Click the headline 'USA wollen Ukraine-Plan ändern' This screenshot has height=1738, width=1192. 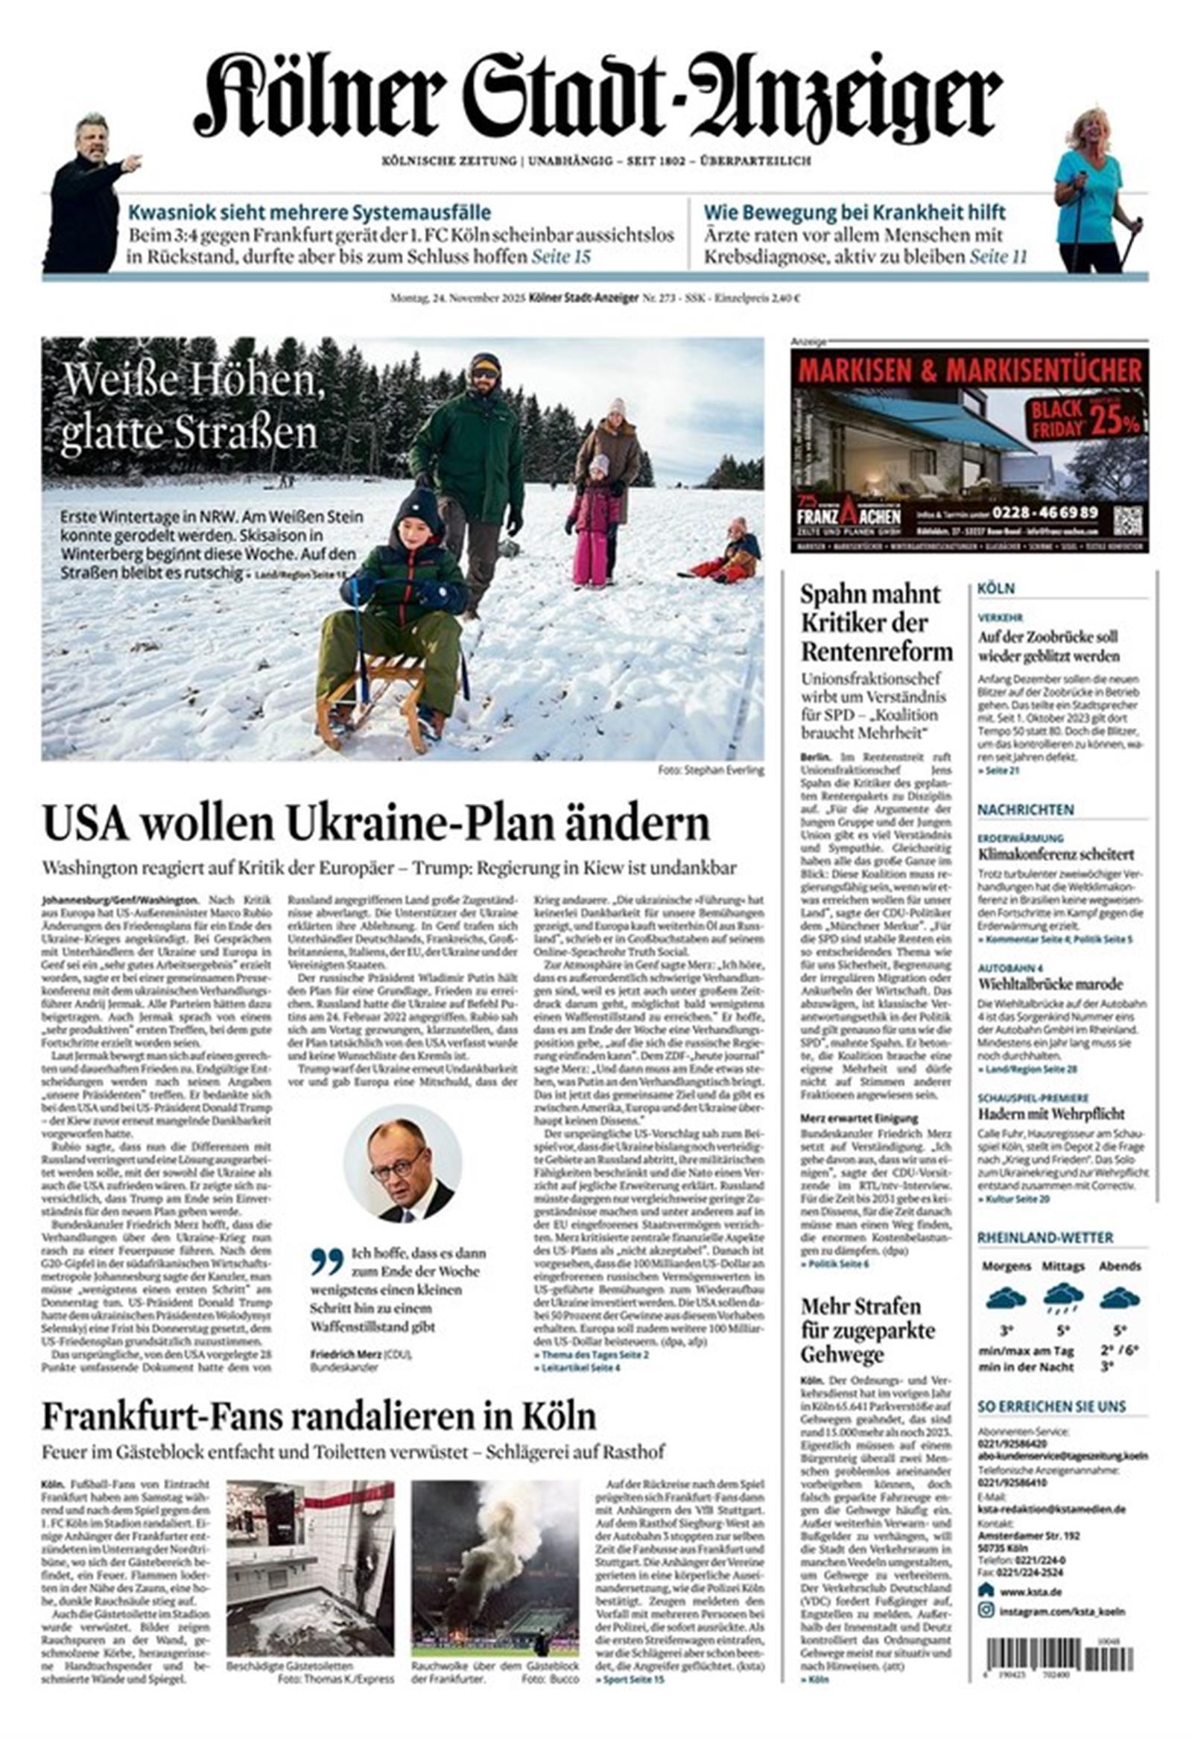click(375, 824)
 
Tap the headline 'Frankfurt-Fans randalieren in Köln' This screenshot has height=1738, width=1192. click(319, 1416)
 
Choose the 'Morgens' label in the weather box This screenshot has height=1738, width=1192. click(1006, 1267)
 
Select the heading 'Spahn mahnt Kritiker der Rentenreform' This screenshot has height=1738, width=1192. click(875, 623)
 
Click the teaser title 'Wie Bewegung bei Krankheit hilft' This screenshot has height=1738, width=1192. click(854, 212)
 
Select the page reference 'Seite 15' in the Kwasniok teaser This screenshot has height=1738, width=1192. click(561, 257)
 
